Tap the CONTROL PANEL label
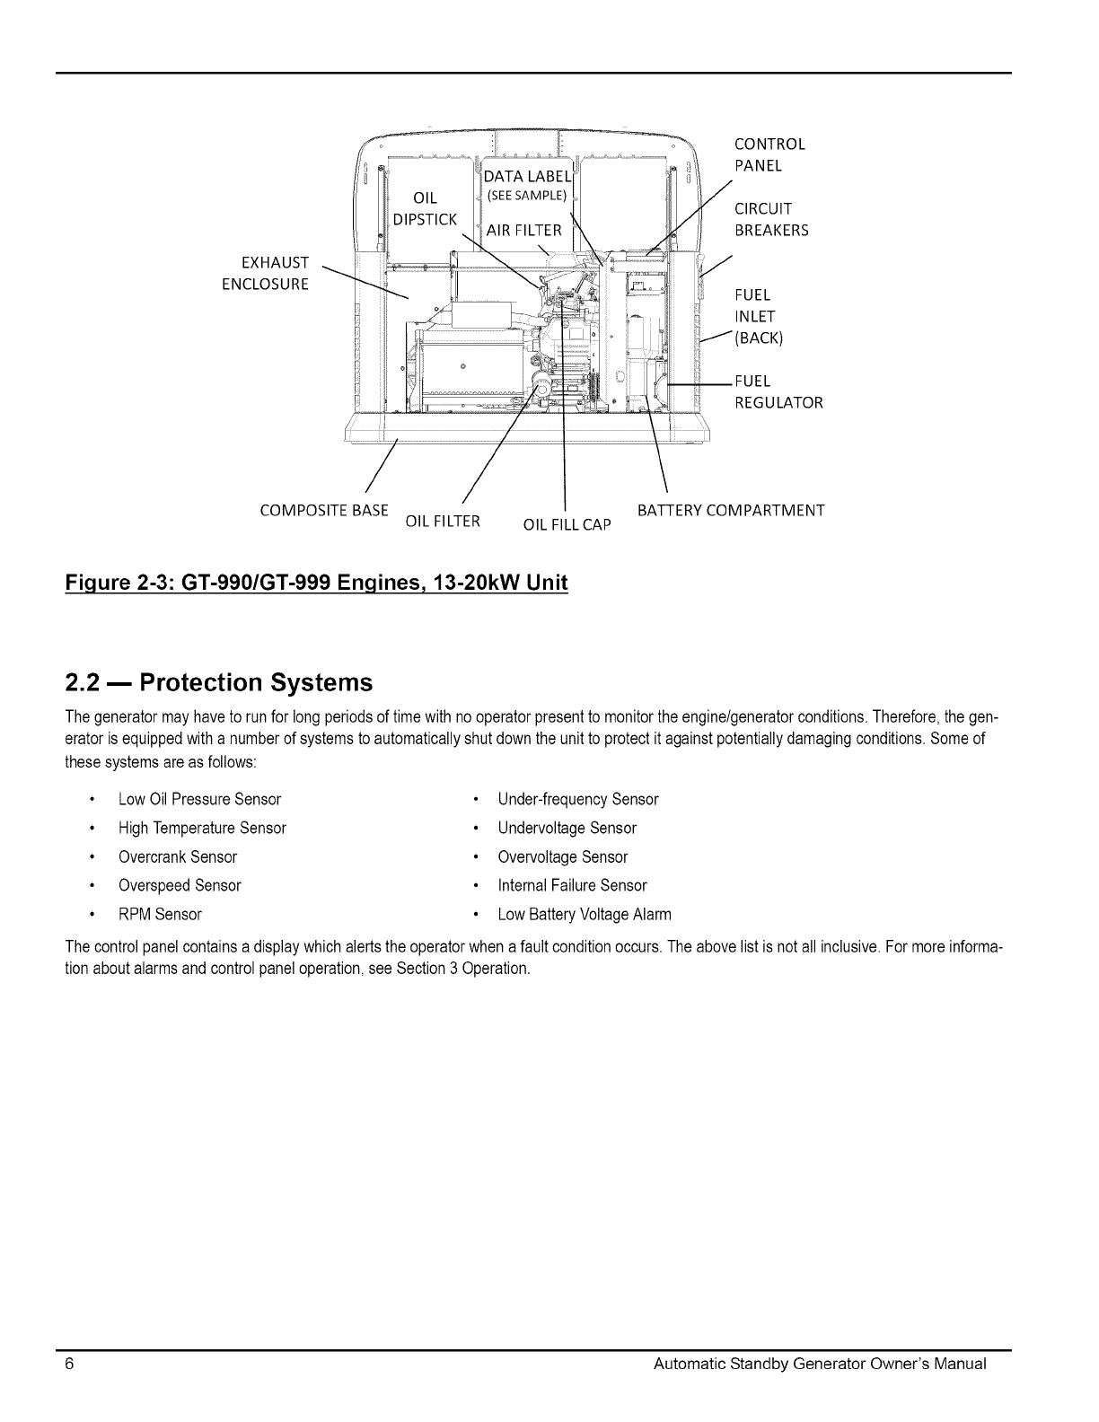pos(769,154)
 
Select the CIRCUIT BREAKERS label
pos(771,219)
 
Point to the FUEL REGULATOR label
pos(778,391)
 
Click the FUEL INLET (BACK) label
pos(759,316)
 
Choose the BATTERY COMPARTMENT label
pos(730,511)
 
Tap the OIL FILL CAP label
pos(567,524)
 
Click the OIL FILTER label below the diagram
pos(444,521)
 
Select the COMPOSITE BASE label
pos(323,511)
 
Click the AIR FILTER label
pos(523,231)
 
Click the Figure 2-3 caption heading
pos(317,583)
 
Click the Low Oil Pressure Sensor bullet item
pos(199,799)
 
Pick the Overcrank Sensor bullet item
pos(178,856)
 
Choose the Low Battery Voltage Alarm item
pos(585,914)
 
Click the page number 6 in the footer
pos(68,1364)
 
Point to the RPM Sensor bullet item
pos(160,914)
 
